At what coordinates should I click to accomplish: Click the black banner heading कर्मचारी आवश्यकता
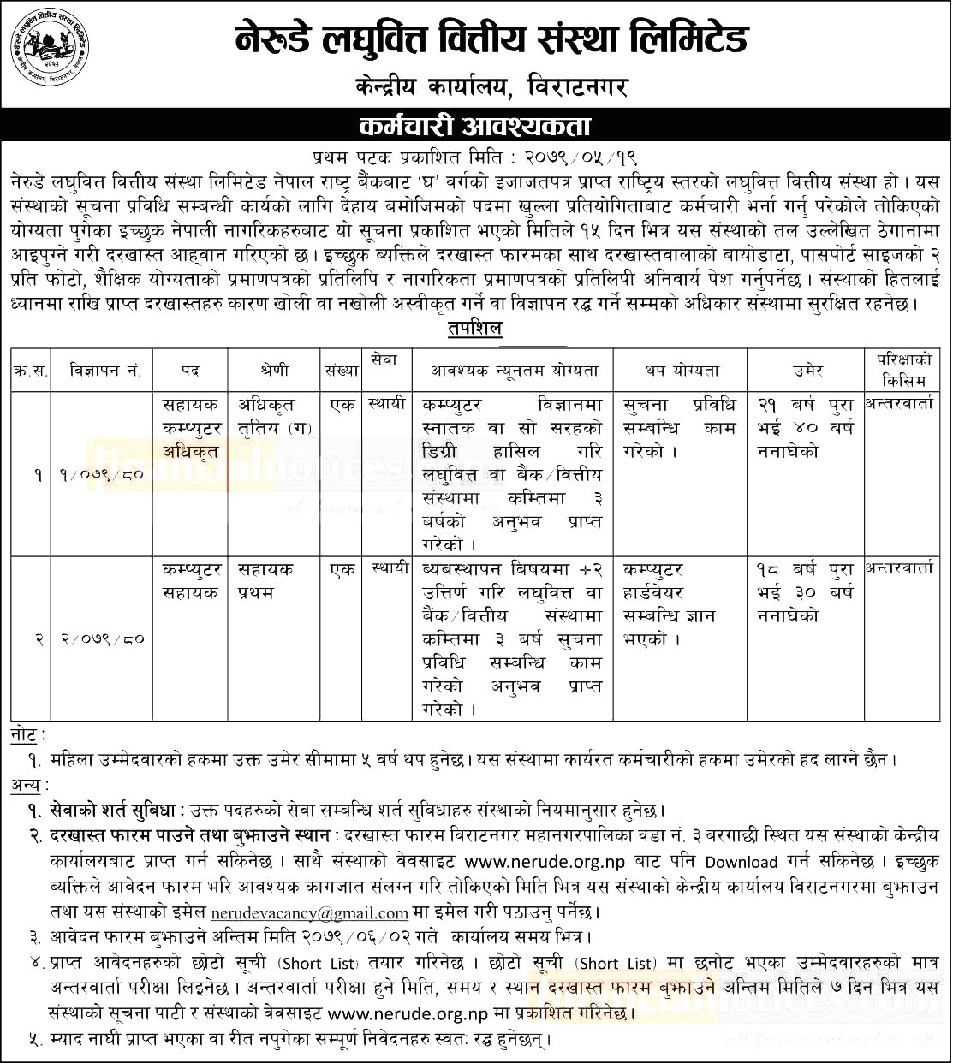pyautogui.click(x=475, y=127)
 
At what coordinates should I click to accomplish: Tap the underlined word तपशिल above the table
pyautogui.click(x=474, y=330)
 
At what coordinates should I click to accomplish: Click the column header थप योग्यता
pyautogui.click(x=682, y=371)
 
